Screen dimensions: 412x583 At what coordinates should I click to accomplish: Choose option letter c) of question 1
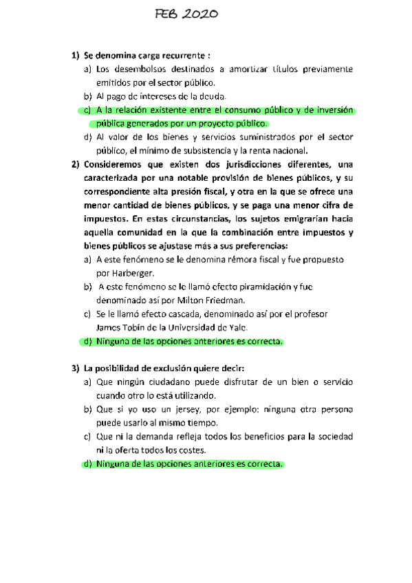tap(87, 110)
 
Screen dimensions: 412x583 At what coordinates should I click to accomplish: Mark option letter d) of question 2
tap(87, 341)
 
